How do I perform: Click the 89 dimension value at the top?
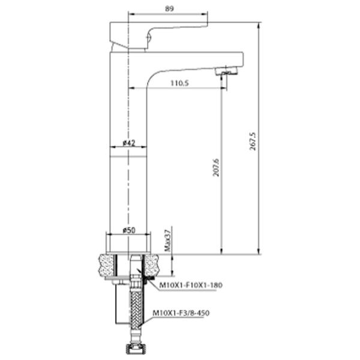169,9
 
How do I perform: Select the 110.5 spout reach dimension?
180,83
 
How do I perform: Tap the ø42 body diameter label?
130,143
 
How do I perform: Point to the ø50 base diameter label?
129,230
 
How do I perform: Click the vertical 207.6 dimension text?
216,167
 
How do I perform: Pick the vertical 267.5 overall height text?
253,141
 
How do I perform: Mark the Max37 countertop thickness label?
168,240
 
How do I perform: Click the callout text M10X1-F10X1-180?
191,285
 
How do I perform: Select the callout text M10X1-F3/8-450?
181,313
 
